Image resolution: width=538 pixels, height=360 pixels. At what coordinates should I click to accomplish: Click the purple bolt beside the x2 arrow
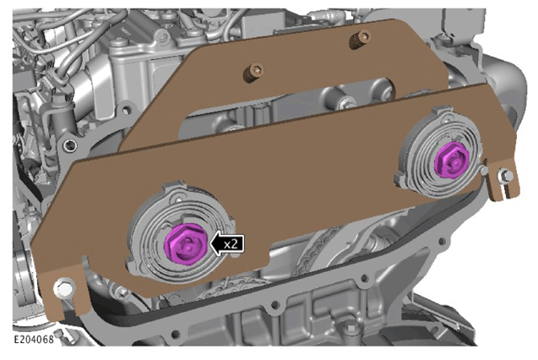(185, 244)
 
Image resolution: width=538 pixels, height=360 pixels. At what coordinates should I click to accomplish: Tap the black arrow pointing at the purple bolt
(227, 243)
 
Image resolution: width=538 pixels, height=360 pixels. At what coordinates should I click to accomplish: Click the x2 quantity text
(231, 244)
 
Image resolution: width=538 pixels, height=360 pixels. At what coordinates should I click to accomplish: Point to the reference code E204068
(34, 340)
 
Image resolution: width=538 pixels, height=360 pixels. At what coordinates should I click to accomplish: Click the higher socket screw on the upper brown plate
(360, 39)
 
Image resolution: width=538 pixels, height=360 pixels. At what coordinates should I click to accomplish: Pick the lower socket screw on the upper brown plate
(254, 71)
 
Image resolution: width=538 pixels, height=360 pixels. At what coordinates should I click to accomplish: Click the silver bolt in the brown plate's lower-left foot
(64, 288)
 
